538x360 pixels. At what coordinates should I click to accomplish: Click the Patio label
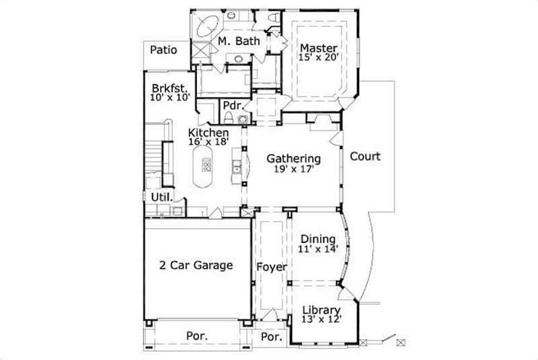[x=163, y=49]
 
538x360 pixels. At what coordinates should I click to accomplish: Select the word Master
[x=317, y=48]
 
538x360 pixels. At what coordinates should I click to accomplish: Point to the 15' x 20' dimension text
[x=317, y=57]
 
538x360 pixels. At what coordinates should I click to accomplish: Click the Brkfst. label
[x=168, y=87]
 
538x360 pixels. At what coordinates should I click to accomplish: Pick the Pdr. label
[x=233, y=105]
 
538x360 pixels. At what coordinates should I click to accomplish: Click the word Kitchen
[x=208, y=133]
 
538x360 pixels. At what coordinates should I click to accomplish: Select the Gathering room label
[x=293, y=159]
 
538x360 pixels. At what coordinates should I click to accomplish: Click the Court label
[x=365, y=157]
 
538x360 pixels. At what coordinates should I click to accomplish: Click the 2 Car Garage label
[x=196, y=265]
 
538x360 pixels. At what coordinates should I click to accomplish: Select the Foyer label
[x=272, y=266]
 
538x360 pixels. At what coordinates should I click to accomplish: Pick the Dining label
[x=318, y=239]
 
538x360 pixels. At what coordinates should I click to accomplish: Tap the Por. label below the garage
[x=196, y=335]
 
